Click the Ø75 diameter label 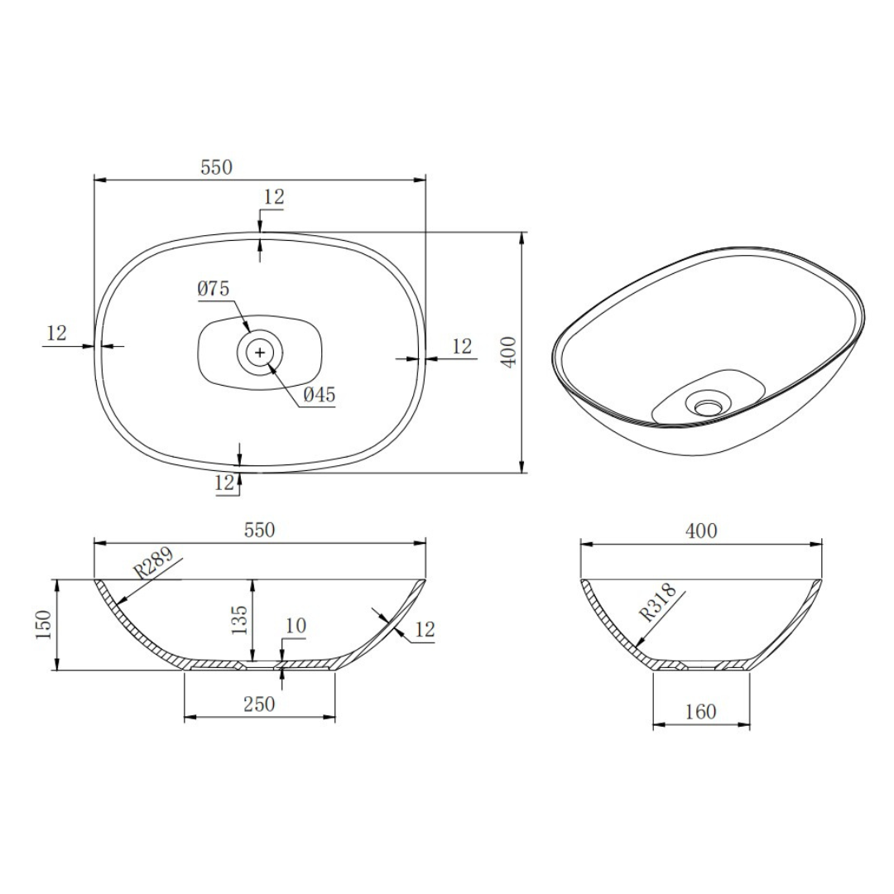(213, 289)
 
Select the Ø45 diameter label (319, 396)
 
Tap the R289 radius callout (153, 565)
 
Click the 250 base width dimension (259, 704)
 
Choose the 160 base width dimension (701, 711)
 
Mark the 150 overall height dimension (44, 624)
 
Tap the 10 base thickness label (295, 626)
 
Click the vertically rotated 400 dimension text (509, 353)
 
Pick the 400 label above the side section (701, 531)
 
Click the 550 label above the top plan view (217, 166)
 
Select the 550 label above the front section (259, 531)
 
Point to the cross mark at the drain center (261, 353)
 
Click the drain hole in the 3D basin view (708, 406)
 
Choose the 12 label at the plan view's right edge (462, 346)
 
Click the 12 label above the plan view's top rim (274, 197)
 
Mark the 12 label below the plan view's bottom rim (224, 483)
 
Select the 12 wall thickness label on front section (424, 629)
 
